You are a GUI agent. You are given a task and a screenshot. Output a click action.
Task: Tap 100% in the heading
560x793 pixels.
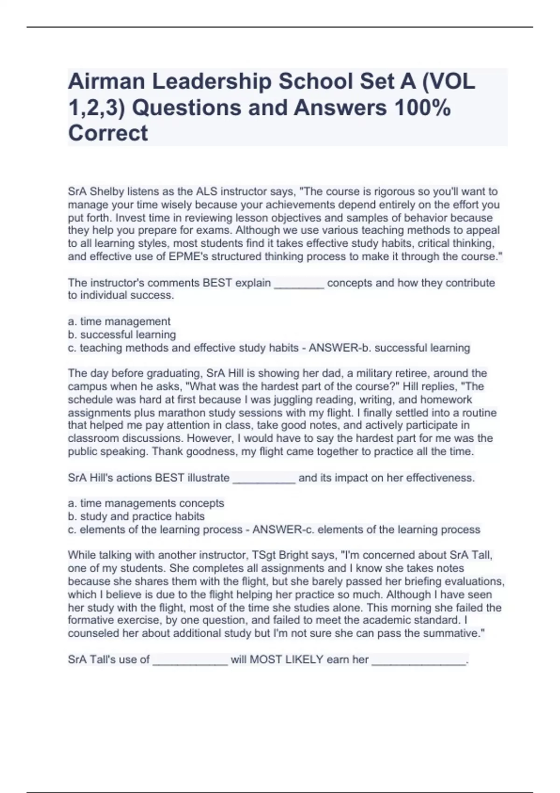pyautogui.click(x=422, y=108)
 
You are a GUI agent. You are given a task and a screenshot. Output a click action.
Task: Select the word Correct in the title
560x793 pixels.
pyautogui.click(x=108, y=133)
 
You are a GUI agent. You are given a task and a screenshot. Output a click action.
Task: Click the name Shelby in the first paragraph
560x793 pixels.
pyautogui.click(x=105, y=192)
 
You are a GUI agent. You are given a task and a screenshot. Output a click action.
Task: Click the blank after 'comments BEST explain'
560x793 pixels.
pyautogui.click(x=299, y=283)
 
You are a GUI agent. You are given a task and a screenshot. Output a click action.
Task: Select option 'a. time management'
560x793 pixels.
pyautogui.click(x=119, y=321)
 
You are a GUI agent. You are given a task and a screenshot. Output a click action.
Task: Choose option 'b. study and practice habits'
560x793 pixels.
pyautogui.click(x=136, y=516)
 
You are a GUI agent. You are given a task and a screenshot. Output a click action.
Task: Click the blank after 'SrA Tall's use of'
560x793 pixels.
pyautogui.click(x=190, y=660)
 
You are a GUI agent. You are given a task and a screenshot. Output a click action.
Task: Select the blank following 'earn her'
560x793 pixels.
pyautogui.click(x=419, y=660)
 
